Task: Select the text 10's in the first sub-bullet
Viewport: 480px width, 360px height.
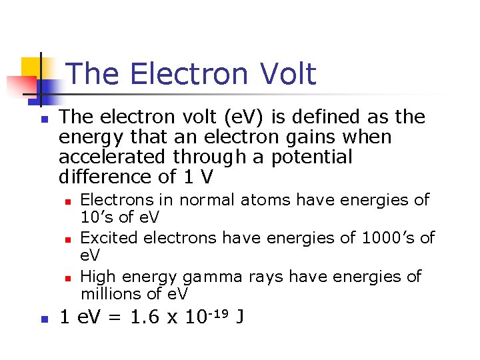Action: [96, 217]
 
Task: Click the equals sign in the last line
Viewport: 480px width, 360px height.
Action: [115, 319]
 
